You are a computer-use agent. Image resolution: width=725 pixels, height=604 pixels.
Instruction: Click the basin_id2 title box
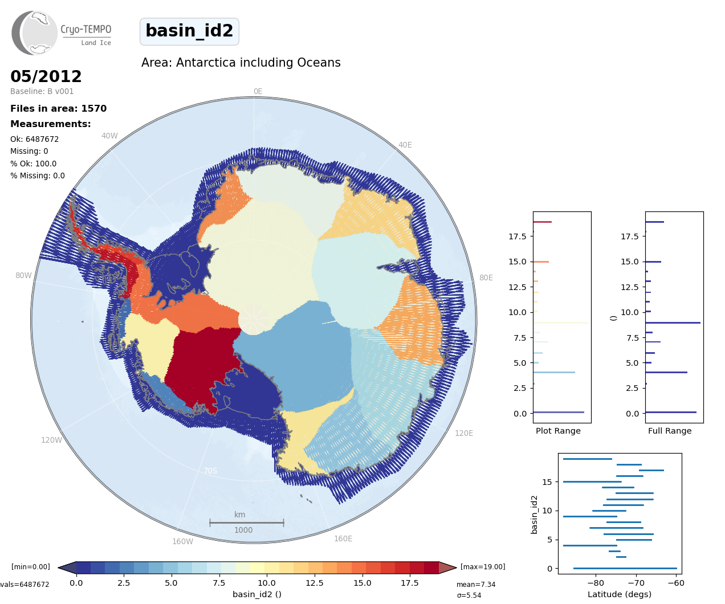point(189,31)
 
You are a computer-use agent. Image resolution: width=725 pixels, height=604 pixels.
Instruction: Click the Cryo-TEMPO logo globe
point(35,33)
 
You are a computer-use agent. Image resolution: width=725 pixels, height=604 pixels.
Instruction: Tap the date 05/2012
point(46,76)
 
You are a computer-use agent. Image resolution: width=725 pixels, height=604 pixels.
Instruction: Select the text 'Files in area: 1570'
point(58,109)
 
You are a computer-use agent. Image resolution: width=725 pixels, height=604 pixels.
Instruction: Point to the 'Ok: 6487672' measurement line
point(34,139)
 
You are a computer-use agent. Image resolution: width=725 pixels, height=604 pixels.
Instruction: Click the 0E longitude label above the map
point(258,91)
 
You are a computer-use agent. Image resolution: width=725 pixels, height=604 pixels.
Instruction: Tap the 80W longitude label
point(23,275)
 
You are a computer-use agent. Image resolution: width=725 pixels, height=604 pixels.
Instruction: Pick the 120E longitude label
point(464,433)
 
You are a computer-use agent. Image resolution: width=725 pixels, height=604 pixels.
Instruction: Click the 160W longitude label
point(182,541)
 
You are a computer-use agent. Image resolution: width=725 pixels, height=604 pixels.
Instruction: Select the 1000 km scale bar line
point(246,523)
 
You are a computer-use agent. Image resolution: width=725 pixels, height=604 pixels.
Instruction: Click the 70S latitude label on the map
point(210,471)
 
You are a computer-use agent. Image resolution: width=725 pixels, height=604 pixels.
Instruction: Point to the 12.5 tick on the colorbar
point(314,583)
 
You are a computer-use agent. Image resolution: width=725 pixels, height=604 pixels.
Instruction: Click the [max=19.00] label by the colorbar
point(483,567)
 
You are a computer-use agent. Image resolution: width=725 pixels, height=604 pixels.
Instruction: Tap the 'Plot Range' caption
point(558,431)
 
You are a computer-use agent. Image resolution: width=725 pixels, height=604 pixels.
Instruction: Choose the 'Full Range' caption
point(670,431)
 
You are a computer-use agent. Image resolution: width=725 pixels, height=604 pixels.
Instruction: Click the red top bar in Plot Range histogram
point(542,222)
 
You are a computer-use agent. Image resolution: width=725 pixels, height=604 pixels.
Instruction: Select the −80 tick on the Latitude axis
point(596,583)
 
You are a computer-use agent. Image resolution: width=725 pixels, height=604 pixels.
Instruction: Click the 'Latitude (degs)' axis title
point(620,594)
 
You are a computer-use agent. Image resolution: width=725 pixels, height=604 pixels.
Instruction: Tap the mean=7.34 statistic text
point(476,585)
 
